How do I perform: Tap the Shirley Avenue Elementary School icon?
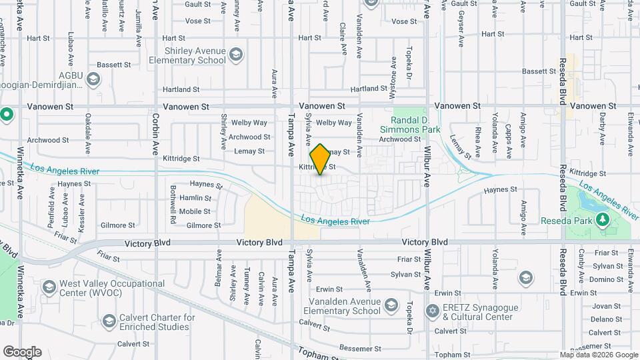point(235,54)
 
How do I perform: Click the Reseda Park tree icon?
point(603,219)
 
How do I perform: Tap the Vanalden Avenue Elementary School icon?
point(391,306)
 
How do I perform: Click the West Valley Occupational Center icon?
point(49,287)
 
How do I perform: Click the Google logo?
point(22,352)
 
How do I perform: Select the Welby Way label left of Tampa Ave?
point(249,123)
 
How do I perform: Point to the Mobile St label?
point(195,211)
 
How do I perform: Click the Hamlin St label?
point(195,197)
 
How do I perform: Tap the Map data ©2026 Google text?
point(598,355)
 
